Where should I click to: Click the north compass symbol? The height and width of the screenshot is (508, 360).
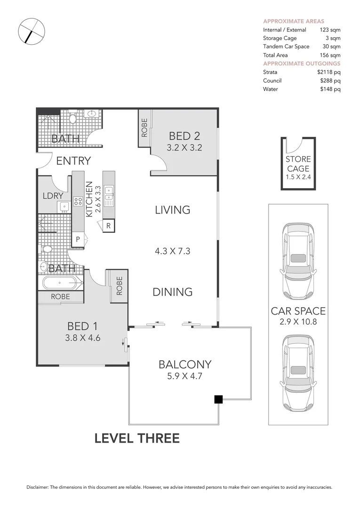click(32, 31)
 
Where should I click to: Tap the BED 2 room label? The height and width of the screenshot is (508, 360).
click(184, 136)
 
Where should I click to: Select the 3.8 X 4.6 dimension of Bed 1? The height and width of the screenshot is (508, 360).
click(83, 338)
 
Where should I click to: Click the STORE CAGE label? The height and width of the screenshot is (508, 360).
click(298, 164)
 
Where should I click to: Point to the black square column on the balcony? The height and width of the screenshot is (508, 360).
click(218, 399)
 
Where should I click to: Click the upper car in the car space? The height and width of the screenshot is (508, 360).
click(298, 261)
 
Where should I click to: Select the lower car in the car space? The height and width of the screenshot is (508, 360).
click(298, 373)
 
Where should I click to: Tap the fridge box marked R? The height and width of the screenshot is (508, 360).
click(109, 225)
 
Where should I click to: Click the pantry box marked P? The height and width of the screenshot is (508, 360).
click(78, 240)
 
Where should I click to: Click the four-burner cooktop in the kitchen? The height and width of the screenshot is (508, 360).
click(78, 201)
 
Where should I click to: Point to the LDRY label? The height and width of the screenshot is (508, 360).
click(53, 196)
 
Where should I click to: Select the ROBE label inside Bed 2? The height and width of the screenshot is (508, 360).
click(144, 127)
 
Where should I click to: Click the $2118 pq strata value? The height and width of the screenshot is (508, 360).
click(328, 72)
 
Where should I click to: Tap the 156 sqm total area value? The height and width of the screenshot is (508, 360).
click(330, 55)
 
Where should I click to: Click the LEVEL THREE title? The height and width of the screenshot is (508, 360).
click(137, 438)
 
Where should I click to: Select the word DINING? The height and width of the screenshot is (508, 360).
click(172, 292)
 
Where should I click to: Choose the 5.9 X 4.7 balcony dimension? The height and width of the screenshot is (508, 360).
click(184, 376)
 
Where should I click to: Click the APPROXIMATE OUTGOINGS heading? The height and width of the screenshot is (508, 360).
click(302, 63)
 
